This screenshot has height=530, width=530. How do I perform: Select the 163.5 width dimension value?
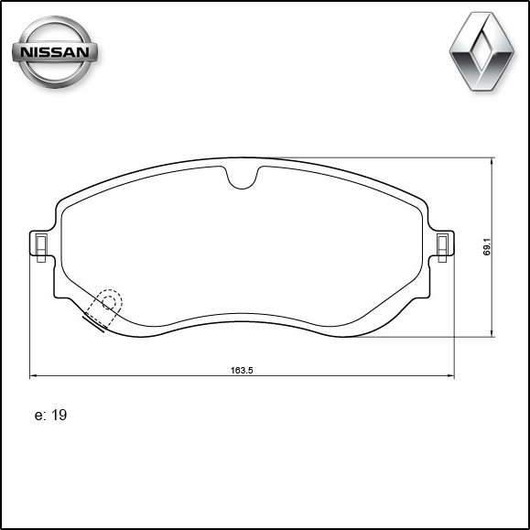pyautogui.click(x=241, y=370)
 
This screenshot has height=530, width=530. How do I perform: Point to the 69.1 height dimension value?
pyautogui.click(x=488, y=248)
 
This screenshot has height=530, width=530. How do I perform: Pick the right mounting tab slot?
pyautogui.click(x=443, y=245)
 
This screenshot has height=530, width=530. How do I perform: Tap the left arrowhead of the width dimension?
pyautogui.click(x=34, y=375)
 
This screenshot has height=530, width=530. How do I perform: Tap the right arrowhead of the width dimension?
pyautogui.click(x=450, y=375)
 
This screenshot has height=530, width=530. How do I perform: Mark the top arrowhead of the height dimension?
pyautogui.click(x=494, y=161)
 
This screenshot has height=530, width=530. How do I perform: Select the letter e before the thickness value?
pyautogui.click(x=38, y=416)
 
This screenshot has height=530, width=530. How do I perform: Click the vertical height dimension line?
pyautogui.click(x=494, y=201)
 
